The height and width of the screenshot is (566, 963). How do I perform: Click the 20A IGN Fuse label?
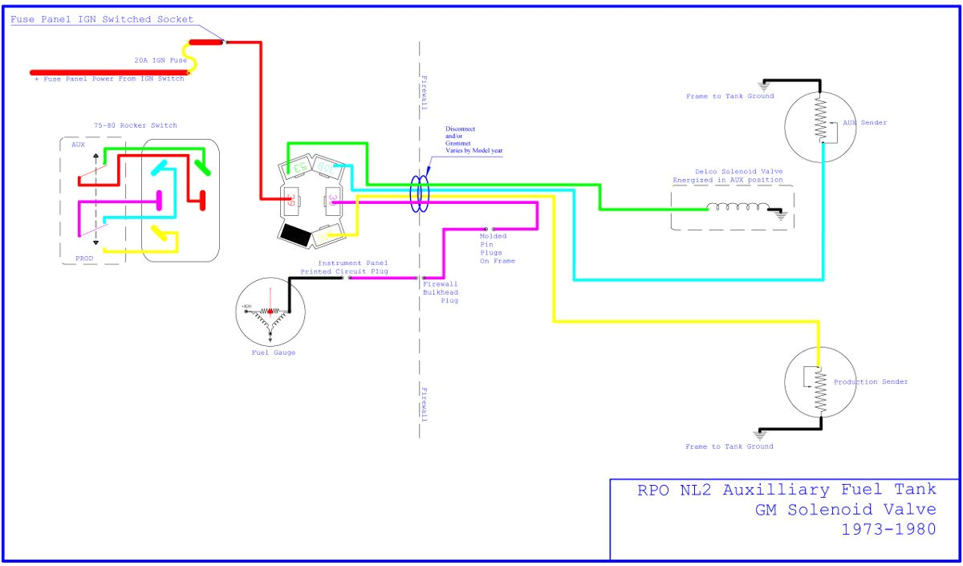point(160,60)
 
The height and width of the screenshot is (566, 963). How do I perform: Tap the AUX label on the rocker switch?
point(78,145)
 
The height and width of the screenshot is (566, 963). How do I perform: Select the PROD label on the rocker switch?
point(84,259)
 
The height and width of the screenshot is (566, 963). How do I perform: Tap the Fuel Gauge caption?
point(273,353)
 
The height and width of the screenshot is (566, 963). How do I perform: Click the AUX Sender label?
point(863,123)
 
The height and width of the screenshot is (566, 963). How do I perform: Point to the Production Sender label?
point(871,382)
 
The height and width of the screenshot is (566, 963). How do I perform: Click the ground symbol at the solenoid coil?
point(778,213)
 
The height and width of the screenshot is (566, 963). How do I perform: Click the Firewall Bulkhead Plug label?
point(441,292)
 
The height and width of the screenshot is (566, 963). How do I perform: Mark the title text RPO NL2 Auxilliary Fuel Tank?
point(786,490)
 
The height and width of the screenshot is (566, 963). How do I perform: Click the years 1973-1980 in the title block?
point(888,529)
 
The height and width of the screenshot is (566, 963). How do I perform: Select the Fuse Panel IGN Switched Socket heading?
point(102,19)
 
